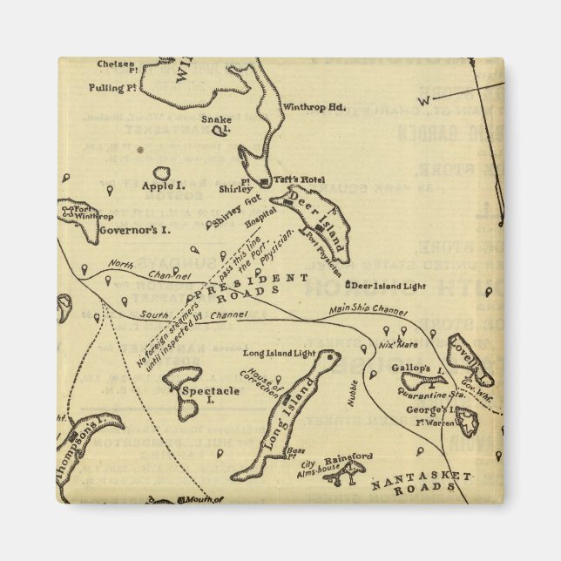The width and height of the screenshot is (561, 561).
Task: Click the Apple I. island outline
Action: [x=162, y=175]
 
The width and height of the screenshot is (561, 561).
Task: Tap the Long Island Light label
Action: [x=279, y=354]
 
